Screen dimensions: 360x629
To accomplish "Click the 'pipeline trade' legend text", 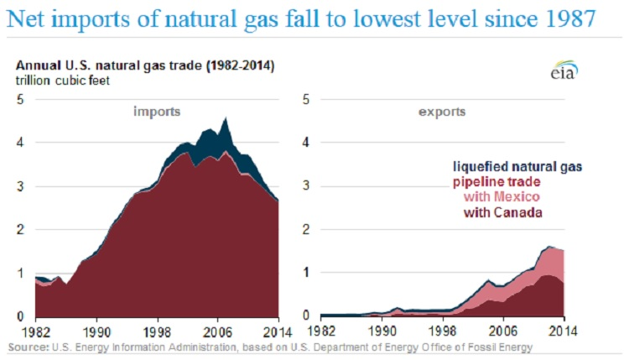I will pos(508,181).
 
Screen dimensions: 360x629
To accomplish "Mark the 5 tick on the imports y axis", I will pos(20,100).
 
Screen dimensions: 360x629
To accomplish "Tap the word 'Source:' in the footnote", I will pos(28,347).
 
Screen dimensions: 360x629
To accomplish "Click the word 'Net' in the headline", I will pos(26,19).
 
